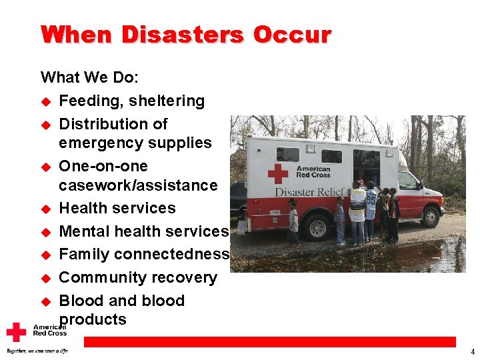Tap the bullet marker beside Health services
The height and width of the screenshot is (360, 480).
tap(46, 209)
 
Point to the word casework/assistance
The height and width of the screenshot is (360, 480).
tap(138, 185)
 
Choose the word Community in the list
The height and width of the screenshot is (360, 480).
tap(101, 277)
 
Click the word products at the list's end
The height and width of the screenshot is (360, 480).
tap(93, 319)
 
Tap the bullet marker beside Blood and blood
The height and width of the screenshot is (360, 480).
tap(46, 301)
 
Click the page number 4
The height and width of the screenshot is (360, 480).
tap(472, 351)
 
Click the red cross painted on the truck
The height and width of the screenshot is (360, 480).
tap(278, 173)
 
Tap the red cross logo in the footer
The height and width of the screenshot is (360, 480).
tap(16, 332)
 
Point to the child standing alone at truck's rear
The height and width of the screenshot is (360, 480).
tap(293, 221)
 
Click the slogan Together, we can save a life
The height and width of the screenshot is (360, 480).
tap(37, 351)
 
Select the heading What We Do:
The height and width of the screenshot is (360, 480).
tap(90, 77)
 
